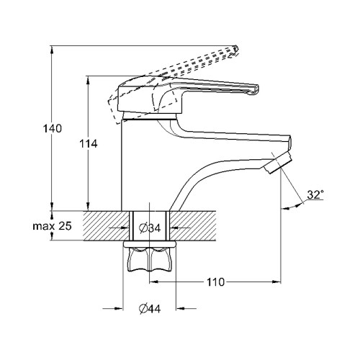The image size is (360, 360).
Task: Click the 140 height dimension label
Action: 53,129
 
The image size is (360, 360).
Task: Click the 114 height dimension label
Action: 89,144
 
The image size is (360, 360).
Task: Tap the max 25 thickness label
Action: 52,226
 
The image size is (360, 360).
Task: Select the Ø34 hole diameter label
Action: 150,228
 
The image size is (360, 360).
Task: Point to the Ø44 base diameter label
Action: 150,309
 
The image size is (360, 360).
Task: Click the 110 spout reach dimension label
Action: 215,282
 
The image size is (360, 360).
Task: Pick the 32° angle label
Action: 315,195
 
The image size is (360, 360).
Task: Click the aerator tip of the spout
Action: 278,163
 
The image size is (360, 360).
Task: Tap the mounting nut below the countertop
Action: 149,260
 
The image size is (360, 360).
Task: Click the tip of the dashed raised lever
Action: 235,50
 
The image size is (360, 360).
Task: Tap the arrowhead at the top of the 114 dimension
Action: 88,81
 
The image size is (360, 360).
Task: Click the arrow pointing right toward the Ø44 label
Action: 113,308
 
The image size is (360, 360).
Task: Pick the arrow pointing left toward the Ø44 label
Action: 186,308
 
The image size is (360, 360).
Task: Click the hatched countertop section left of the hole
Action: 107,225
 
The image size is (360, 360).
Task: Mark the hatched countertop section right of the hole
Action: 193,225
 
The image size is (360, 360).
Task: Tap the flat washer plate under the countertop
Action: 149,244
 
